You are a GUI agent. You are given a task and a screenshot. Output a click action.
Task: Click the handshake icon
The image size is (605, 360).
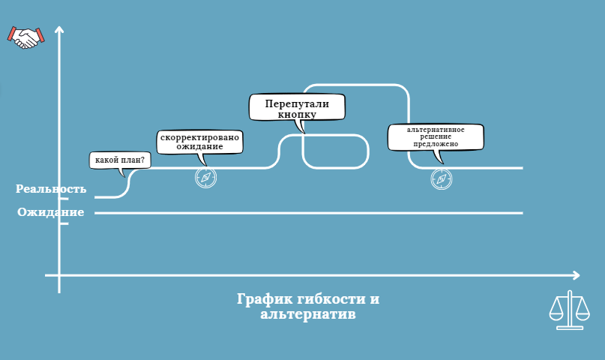pyautogui.click(x=26, y=37)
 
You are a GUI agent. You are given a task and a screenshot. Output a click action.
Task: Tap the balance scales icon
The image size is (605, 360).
pyautogui.click(x=569, y=310)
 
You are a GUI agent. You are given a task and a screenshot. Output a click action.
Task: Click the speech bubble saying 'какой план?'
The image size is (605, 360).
pyautogui.click(x=120, y=160)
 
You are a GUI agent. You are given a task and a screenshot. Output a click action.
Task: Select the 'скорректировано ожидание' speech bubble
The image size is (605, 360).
pyautogui.click(x=200, y=142)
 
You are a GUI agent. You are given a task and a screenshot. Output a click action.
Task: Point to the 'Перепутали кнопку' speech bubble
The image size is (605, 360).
pyautogui.click(x=297, y=106)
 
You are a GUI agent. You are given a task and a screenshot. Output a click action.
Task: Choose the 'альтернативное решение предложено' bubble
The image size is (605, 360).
pyautogui.click(x=436, y=137)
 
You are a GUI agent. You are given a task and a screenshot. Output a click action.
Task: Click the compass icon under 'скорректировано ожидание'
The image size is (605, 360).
pyautogui.click(x=205, y=177)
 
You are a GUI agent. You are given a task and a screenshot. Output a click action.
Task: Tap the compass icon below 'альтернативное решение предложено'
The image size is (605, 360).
pyautogui.click(x=442, y=178)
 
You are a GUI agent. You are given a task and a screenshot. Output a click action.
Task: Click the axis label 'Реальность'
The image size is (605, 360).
pyautogui.click(x=51, y=189)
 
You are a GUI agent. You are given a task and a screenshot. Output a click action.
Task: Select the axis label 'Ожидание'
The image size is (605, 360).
pyautogui.click(x=51, y=212)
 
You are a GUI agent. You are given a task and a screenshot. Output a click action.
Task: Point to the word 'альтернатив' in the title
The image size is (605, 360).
pyautogui.click(x=308, y=315)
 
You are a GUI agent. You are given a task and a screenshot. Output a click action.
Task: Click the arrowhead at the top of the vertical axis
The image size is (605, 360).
pyautogui.click(x=59, y=30)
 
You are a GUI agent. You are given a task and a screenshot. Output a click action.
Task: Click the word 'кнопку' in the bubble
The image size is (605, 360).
pyautogui.click(x=297, y=115)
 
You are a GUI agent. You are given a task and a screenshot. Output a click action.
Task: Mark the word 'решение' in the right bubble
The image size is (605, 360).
pyautogui.click(x=436, y=136)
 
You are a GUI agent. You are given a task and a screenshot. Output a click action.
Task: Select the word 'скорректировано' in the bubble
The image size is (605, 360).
pyautogui.click(x=200, y=137)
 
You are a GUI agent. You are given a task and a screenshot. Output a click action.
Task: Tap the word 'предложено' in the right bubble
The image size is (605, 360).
pyautogui.click(x=436, y=144)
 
